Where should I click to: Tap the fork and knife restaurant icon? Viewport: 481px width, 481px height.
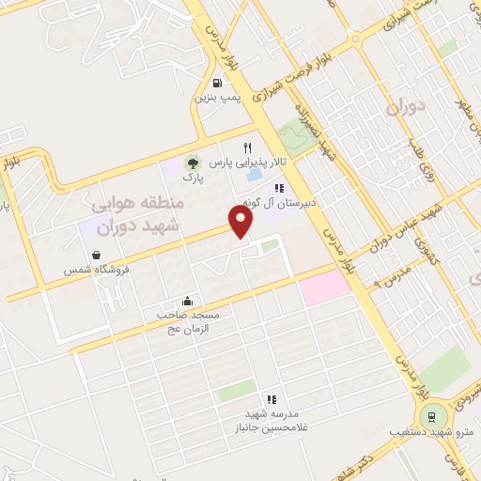[x=248, y=147]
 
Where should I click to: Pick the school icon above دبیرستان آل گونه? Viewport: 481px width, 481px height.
[x=279, y=187]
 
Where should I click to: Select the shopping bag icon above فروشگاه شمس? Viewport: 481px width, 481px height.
[x=98, y=255]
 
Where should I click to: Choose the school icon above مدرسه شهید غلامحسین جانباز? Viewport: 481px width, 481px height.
[x=272, y=399]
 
